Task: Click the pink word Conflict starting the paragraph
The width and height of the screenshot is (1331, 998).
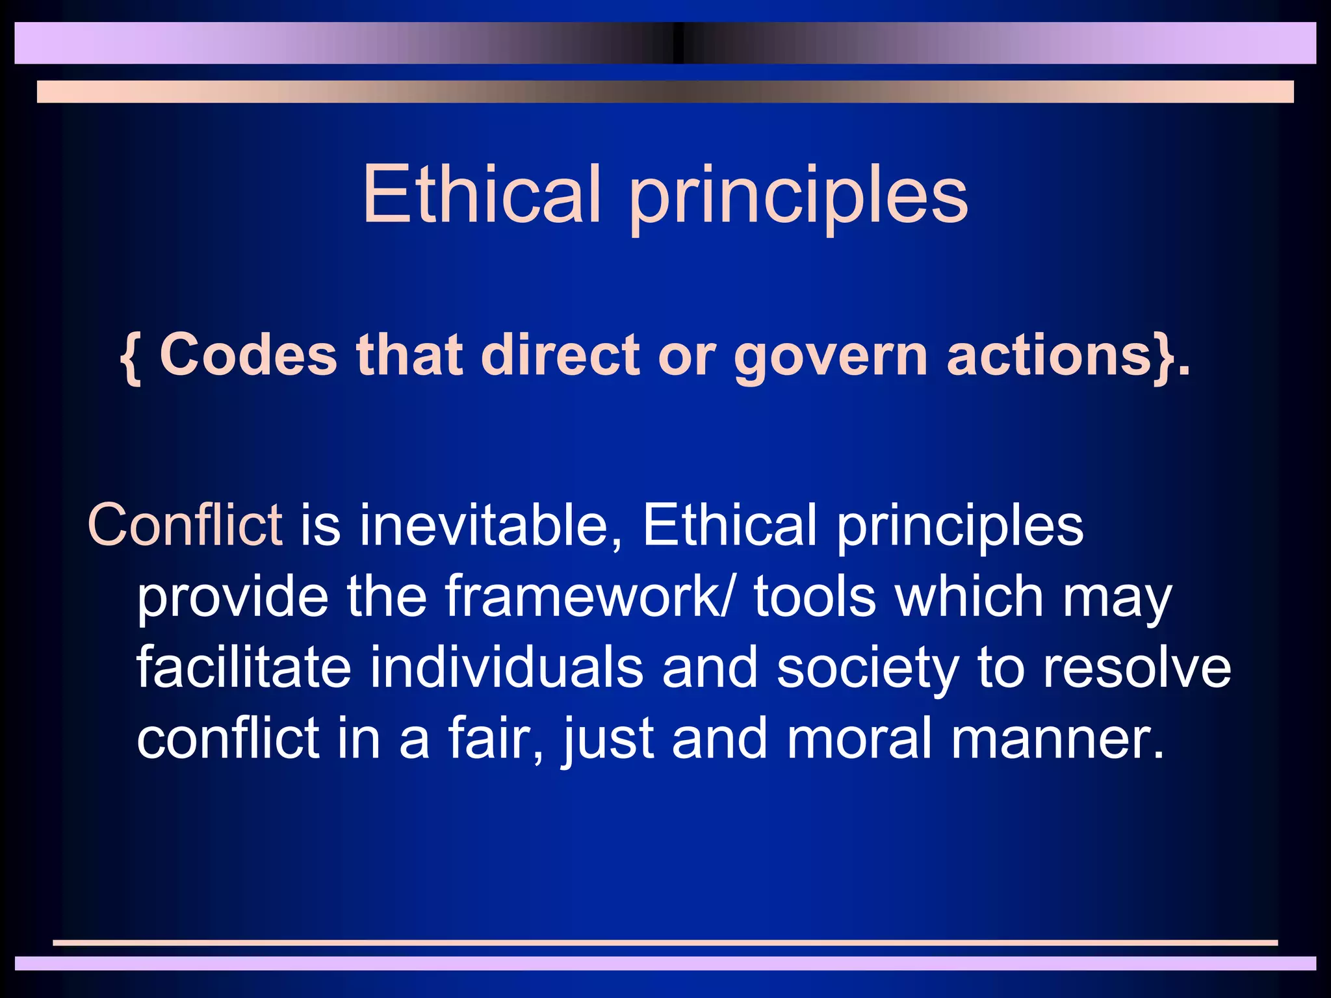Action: pyautogui.click(x=185, y=524)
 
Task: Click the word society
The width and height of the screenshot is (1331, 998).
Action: pyautogui.click(x=868, y=669)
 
